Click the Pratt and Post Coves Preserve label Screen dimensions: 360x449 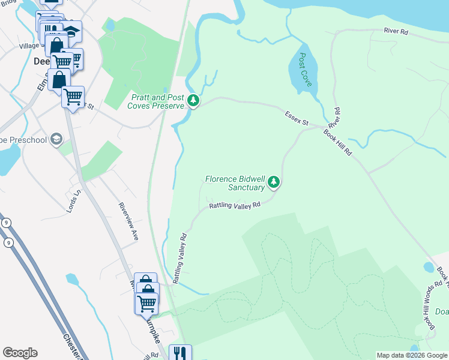pyautogui.click(x=155, y=101)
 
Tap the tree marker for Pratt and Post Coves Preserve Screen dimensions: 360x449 pyautogui.click(x=193, y=100)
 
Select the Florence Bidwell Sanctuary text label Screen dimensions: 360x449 pyautogui.click(x=235, y=183)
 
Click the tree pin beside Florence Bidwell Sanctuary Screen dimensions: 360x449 pyautogui.click(x=274, y=181)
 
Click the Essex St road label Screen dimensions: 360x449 pyautogui.click(x=297, y=118)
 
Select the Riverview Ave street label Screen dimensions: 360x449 pyautogui.click(x=129, y=220)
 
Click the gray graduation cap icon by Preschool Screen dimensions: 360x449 pyautogui.click(x=56, y=139)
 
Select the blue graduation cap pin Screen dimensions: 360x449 pyautogui.click(x=71, y=31)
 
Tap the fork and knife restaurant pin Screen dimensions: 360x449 pyautogui.click(x=179, y=353)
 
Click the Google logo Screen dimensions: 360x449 pyautogui.click(x=20, y=353)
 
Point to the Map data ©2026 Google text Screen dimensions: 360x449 pyautogui.click(x=412, y=355)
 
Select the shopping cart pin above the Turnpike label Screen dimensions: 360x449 pyautogui.click(x=146, y=304)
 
